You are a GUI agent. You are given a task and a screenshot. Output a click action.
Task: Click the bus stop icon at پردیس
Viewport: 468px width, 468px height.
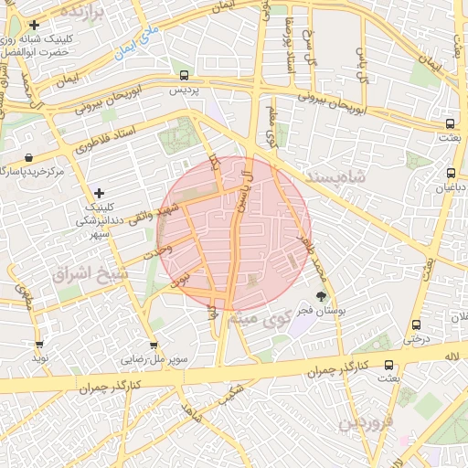click(x=186, y=76)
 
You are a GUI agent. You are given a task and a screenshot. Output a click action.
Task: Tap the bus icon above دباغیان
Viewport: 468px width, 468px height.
click(x=451, y=172)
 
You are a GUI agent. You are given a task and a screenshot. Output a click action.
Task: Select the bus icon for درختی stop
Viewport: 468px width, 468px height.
click(x=417, y=324)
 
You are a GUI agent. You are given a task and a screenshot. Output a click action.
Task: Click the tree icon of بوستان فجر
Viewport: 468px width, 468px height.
click(x=321, y=296)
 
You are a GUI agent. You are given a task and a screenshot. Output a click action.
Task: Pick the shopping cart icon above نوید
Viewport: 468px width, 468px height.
click(x=38, y=346)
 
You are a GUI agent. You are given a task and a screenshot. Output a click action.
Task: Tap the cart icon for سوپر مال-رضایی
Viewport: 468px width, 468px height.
click(x=155, y=346)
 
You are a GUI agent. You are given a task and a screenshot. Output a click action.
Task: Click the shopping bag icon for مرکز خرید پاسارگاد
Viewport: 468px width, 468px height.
click(x=30, y=157)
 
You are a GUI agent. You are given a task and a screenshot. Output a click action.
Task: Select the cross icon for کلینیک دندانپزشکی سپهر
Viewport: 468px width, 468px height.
click(x=99, y=192)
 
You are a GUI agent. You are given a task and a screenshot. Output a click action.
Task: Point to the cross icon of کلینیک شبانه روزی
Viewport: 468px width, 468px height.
click(x=34, y=25)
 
